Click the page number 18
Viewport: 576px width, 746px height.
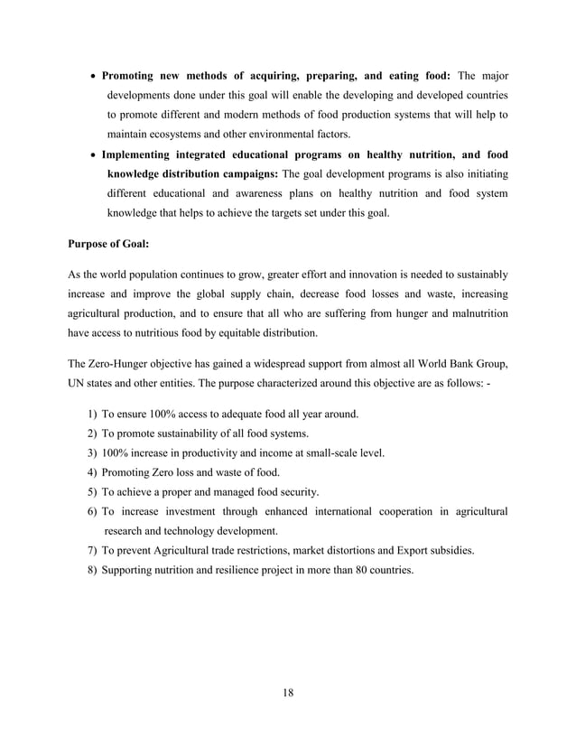point(288,693)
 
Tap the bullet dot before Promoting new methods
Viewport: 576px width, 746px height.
point(93,76)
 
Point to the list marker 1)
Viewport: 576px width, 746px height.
point(93,414)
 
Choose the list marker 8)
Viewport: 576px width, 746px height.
point(93,571)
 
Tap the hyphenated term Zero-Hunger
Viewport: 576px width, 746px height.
point(128,364)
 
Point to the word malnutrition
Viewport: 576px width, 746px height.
point(472,312)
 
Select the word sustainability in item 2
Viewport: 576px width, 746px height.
point(181,434)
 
